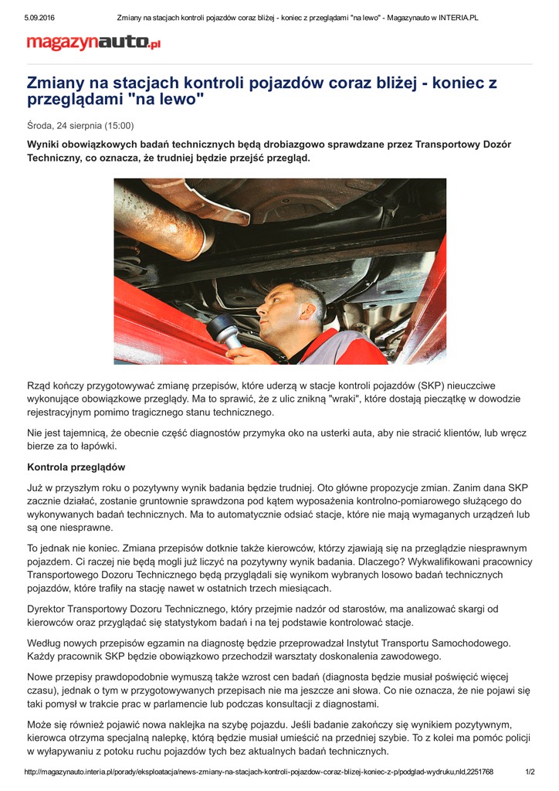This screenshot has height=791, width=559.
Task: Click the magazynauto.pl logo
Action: [93, 44]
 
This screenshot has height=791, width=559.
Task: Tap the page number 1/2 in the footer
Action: [530, 772]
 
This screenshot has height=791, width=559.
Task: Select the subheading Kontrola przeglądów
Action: [76, 467]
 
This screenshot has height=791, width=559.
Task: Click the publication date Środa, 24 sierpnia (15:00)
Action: [80, 125]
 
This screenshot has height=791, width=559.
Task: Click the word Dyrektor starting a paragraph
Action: [49, 609]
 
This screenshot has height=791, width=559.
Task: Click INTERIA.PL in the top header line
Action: [453, 17]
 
